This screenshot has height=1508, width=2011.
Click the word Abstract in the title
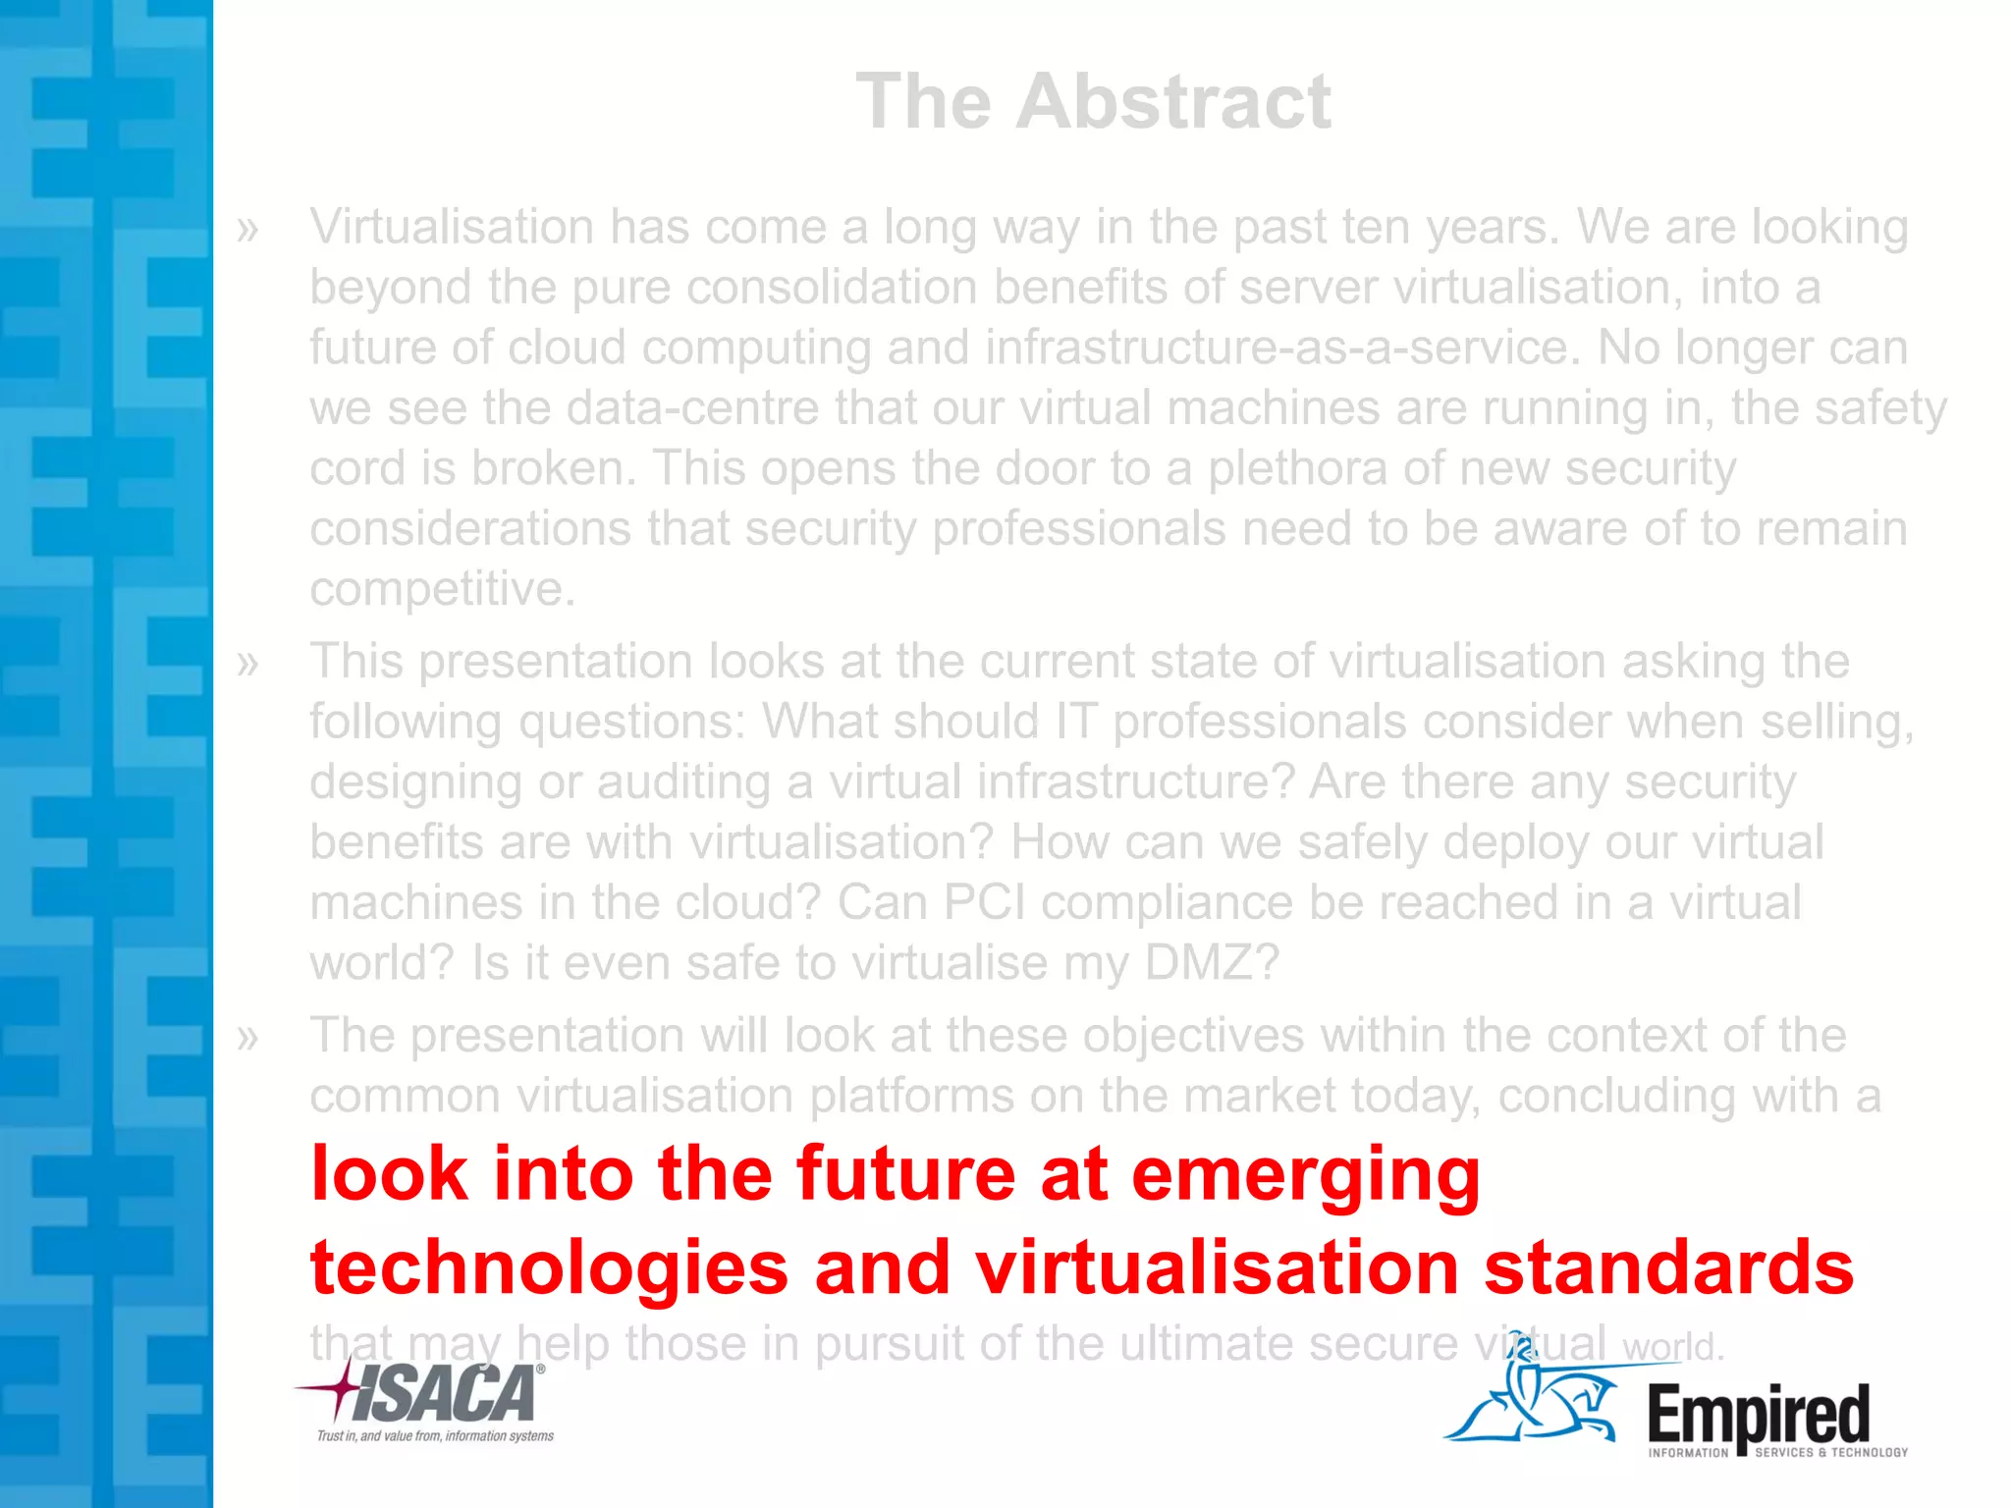point(1173,101)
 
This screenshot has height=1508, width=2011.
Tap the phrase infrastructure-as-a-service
point(1277,348)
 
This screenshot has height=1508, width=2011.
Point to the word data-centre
point(692,408)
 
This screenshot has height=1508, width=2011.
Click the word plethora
point(1296,468)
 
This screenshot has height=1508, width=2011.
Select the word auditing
point(683,782)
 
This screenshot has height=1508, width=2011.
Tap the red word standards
point(1668,1267)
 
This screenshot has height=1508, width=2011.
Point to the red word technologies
point(549,1267)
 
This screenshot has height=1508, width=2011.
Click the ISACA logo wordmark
point(442,1394)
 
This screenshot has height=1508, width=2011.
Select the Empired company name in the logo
point(1758,1414)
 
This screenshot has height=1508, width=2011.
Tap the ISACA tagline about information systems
point(435,1436)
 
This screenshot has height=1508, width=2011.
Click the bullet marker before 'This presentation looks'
point(247,664)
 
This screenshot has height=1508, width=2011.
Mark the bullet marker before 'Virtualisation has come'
point(247,230)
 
